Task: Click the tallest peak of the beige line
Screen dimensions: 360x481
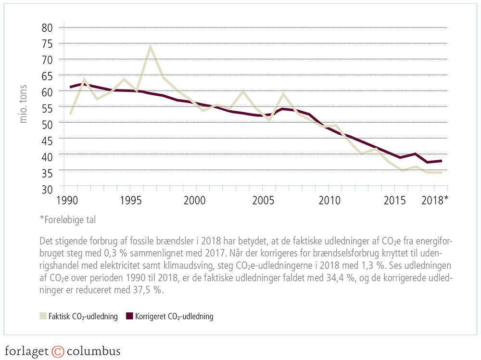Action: (x=150, y=46)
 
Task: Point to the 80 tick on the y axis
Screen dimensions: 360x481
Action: (x=47, y=27)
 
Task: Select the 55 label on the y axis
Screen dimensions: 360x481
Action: (x=47, y=107)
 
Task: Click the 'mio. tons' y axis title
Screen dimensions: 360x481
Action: (x=24, y=104)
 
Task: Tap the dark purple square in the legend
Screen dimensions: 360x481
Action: (x=128, y=316)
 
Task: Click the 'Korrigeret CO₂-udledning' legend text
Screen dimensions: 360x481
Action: (x=174, y=316)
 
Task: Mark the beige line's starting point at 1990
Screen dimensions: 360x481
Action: (x=71, y=114)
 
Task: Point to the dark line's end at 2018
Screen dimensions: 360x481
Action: (x=442, y=161)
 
